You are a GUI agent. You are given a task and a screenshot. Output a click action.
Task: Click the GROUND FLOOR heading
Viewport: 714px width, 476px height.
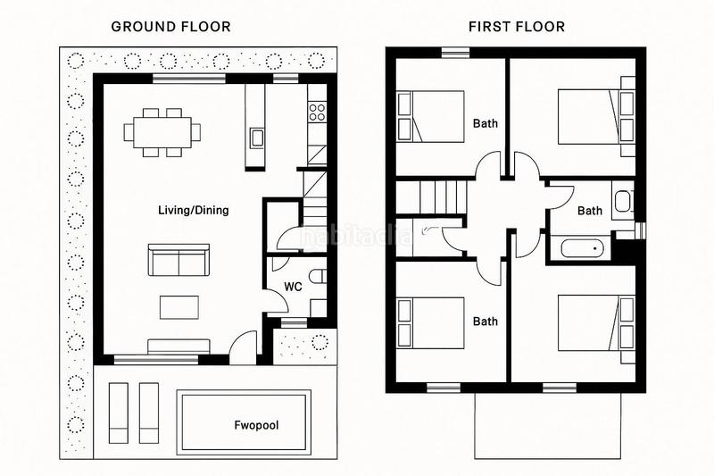pyautogui.click(x=170, y=27)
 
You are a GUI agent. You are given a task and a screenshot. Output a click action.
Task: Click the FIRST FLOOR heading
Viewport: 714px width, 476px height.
pyautogui.click(x=517, y=27)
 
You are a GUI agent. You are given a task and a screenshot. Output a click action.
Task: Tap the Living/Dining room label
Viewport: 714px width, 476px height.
pyautogui.click(x=194, y=211)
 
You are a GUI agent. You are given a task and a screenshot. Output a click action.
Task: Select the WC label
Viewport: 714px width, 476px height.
pyautogui.click(x=293, y=287)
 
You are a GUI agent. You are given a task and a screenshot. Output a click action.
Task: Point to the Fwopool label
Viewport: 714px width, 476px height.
pyautogui.click(x=256, y=425)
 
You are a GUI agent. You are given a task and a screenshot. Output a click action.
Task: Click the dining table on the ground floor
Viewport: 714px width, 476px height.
pyautogui.click(x=162, y=132)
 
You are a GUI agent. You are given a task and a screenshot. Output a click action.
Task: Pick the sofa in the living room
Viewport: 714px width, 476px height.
pyautogui.click(x=179, y=260)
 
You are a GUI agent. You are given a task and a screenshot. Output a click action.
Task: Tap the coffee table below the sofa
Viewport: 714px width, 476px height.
pyautogui.click(x=179, y=307)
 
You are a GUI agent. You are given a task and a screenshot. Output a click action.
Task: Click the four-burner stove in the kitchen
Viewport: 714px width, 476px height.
pyautogui.click(x=317, y=113)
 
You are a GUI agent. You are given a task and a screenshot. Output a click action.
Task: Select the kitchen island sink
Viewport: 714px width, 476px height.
pyautogui.click(x=257, y=138)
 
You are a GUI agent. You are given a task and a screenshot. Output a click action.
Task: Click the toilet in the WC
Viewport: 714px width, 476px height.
pyautogui.click(x=318, y=277)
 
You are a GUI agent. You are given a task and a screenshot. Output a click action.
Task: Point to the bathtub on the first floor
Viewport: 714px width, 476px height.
pyautogui.click(x=583, y=248)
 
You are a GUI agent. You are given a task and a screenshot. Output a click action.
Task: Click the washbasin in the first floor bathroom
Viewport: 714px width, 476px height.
pyautogui.click(x=623, y=202)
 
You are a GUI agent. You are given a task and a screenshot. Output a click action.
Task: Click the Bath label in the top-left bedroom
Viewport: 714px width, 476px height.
pyautogui.click(x=486, y=123)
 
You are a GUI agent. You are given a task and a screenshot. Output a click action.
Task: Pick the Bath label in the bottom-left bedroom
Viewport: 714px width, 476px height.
pyautogui.click(x=486, y=322)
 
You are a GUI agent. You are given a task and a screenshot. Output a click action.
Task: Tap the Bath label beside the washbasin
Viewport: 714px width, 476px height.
pyautogui.click(x=590, y=211)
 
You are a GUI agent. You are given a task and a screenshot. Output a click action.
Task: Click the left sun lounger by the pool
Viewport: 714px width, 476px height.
pyautogui.click(x=119, y=413)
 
